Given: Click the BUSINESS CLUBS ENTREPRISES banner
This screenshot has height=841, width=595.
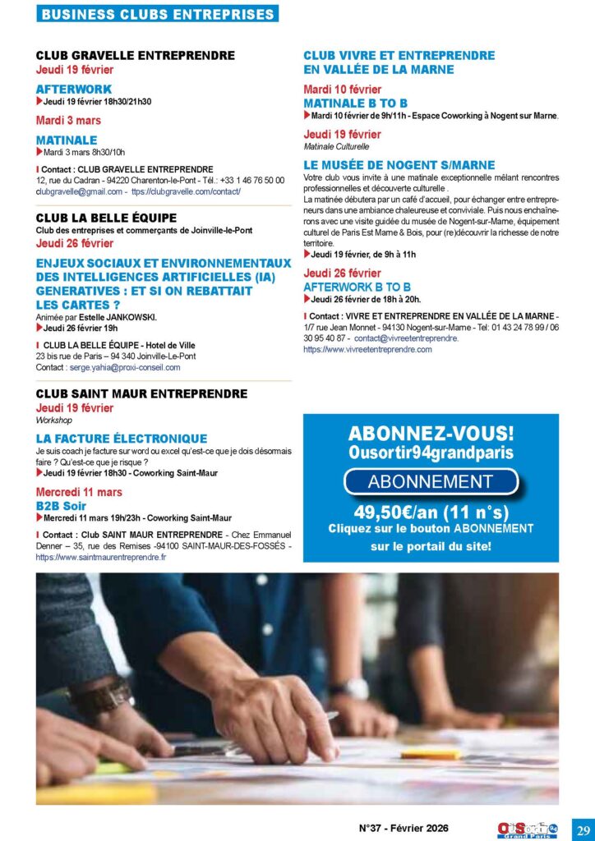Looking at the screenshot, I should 158,15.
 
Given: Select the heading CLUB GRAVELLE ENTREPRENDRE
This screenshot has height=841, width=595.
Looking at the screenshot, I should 135,56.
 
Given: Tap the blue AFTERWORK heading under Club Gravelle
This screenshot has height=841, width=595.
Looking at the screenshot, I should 73,89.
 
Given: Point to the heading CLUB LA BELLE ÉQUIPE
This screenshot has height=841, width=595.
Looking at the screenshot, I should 106,218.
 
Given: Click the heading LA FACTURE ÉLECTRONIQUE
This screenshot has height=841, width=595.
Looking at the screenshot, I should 122,439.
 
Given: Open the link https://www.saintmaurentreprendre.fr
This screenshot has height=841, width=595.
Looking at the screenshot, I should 101,557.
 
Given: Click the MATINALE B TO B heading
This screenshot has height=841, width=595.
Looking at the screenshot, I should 355,103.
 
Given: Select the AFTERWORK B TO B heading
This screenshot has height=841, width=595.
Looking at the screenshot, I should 357,287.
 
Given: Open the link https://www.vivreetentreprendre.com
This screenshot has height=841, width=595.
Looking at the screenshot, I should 367,349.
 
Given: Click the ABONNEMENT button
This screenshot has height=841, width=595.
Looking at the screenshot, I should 430,482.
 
